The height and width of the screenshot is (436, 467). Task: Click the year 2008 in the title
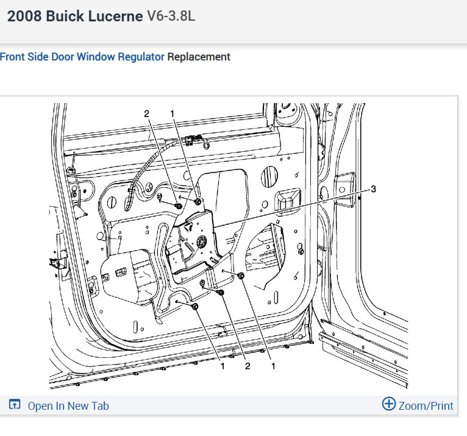(x=24, y=16)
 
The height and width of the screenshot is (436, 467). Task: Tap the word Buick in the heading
(x=65, y=16)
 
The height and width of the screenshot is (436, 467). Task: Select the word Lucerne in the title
(x=115, y=16)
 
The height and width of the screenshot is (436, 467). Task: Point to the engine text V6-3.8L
(x=171, y=16)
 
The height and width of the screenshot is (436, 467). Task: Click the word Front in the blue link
(x=12, y=57)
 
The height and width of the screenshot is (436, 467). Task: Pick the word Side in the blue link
(x=38, y=57)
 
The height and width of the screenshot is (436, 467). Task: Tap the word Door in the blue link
(x=63, y=57)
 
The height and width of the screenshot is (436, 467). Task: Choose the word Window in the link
(x=96, y=57)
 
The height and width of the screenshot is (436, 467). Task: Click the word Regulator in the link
(x=141, y=57)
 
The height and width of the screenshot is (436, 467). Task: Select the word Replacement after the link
(x=199, y=57)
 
